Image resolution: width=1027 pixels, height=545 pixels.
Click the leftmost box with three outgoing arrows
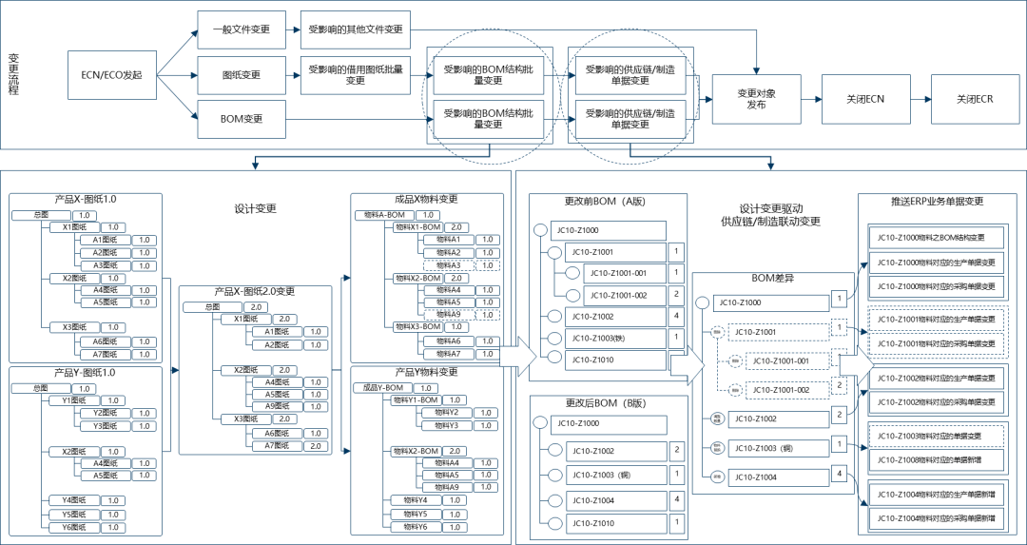pyautogui.click(x=111, y=75)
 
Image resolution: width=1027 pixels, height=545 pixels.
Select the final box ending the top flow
pyautogui.click(x=975, y=99)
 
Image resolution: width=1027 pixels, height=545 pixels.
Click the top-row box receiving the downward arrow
pyautogui.click(x=756, y=99)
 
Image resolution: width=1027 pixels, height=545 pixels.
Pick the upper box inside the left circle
pyautogui.click(x=489, y=74)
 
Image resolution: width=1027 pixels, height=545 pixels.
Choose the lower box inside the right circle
pyautogui.click(x=630, y=119)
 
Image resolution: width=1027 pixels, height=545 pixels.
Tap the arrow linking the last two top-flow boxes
pyautogui.click(x=920, y=99)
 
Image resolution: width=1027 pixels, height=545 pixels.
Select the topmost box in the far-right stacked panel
pyautogui.click(x=937, y=237)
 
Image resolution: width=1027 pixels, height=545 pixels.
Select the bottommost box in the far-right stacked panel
pyautogui.click(x=937, y=519)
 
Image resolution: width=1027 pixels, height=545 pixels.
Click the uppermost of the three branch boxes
pyautogui.click(x=242, y=29)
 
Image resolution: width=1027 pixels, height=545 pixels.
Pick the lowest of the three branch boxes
pyautogui.click(x=242, y=119)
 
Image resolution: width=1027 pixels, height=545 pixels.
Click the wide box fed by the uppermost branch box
pyautogui.click(x=355, y=29)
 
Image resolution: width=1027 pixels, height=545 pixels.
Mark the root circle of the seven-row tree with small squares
pyautogui.click(x=702, y=303)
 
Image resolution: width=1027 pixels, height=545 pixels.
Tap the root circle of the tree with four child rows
pyautogui.click(x=540, y=423)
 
